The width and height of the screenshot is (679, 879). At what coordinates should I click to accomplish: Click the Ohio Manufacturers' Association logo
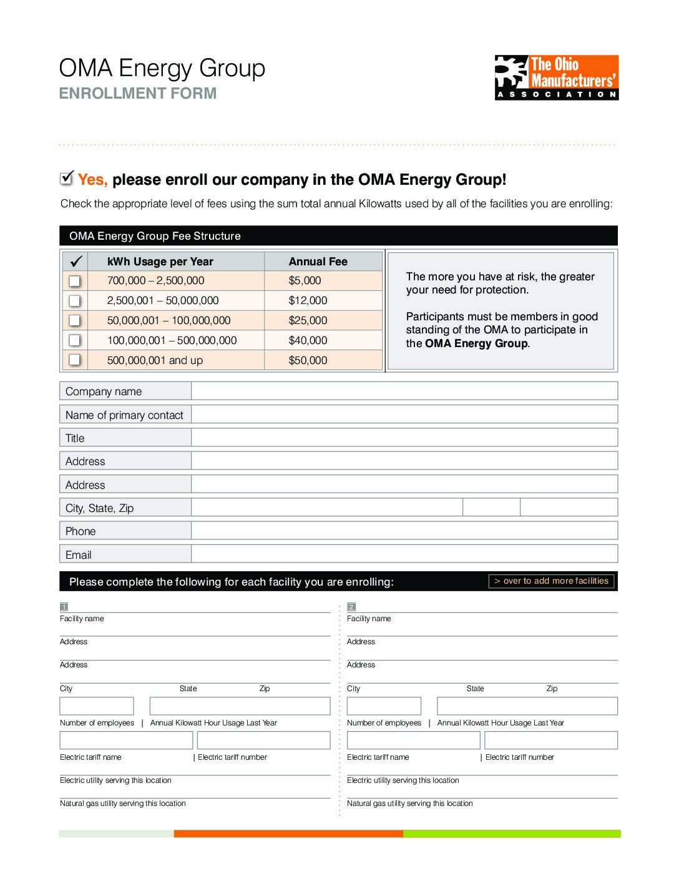[x=556, y=77]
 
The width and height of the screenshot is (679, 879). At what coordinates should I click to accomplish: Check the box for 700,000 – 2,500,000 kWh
[x=74, y=281]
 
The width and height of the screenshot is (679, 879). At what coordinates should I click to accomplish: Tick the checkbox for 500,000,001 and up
[x=74, y=360]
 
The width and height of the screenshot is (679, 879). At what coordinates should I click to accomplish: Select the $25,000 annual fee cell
[x=308, y=321]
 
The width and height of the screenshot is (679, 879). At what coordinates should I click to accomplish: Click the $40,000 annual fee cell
[x=308, y=341]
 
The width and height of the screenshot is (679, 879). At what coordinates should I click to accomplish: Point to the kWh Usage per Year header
[x=160, y=262]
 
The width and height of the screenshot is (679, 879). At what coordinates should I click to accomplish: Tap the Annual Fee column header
[x=318, y=262]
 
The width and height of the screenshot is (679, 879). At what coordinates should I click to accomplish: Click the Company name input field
[x=404, y=391]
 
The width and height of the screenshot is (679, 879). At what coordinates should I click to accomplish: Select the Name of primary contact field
[x=404, y=415]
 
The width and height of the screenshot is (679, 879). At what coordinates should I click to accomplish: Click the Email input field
[x=404, y=554]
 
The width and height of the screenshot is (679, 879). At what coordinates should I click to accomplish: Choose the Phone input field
[x=404, y=531]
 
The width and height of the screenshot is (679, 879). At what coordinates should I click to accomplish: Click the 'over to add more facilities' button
[x=551, y=581]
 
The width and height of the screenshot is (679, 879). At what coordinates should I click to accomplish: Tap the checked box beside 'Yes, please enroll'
[x=67, y=179]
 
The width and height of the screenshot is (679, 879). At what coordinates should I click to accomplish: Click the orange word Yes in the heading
[x=92, y=180]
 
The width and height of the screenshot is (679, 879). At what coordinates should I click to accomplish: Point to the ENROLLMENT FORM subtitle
[x=137, y=94]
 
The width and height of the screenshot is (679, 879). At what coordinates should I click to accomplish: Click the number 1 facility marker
[x=64, y=607]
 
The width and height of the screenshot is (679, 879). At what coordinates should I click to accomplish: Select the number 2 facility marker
[x=351, y=607]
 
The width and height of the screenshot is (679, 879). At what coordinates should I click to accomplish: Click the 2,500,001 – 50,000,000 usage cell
[x=163, y=301]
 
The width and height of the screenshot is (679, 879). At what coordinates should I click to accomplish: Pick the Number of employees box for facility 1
[x=97, y=706]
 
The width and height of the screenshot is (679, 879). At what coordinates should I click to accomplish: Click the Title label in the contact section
[x=75, y=438]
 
